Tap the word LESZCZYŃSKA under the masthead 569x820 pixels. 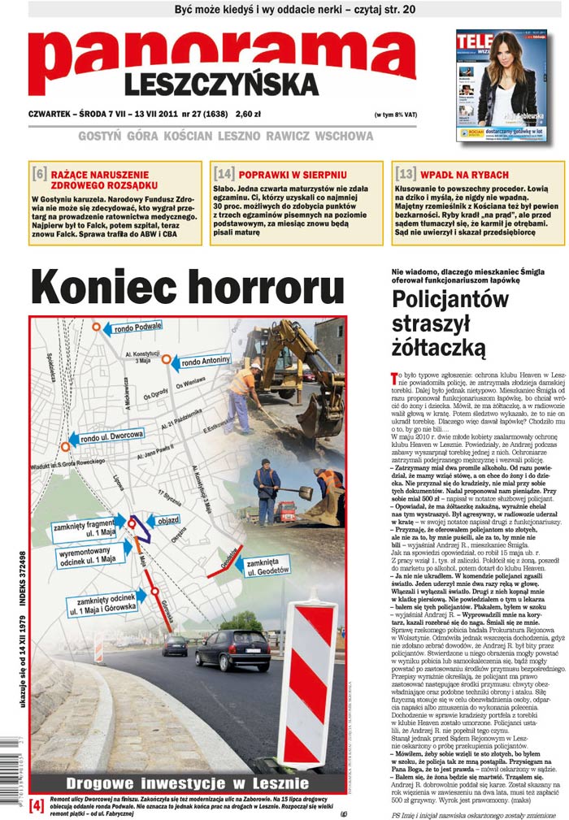pyautogui.click(x=221, y=84)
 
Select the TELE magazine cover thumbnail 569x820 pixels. pyautogui.click(x=500, y=85)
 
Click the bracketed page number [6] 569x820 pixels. pyautogui.click(x=39, y=174)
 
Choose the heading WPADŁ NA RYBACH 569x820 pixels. pyautogui.click(x=465, y=174)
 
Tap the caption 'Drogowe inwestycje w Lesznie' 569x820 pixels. pyautogui.click(x=187, y=783)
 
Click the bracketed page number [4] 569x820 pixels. pyautogui.click(x=37, y=805)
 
